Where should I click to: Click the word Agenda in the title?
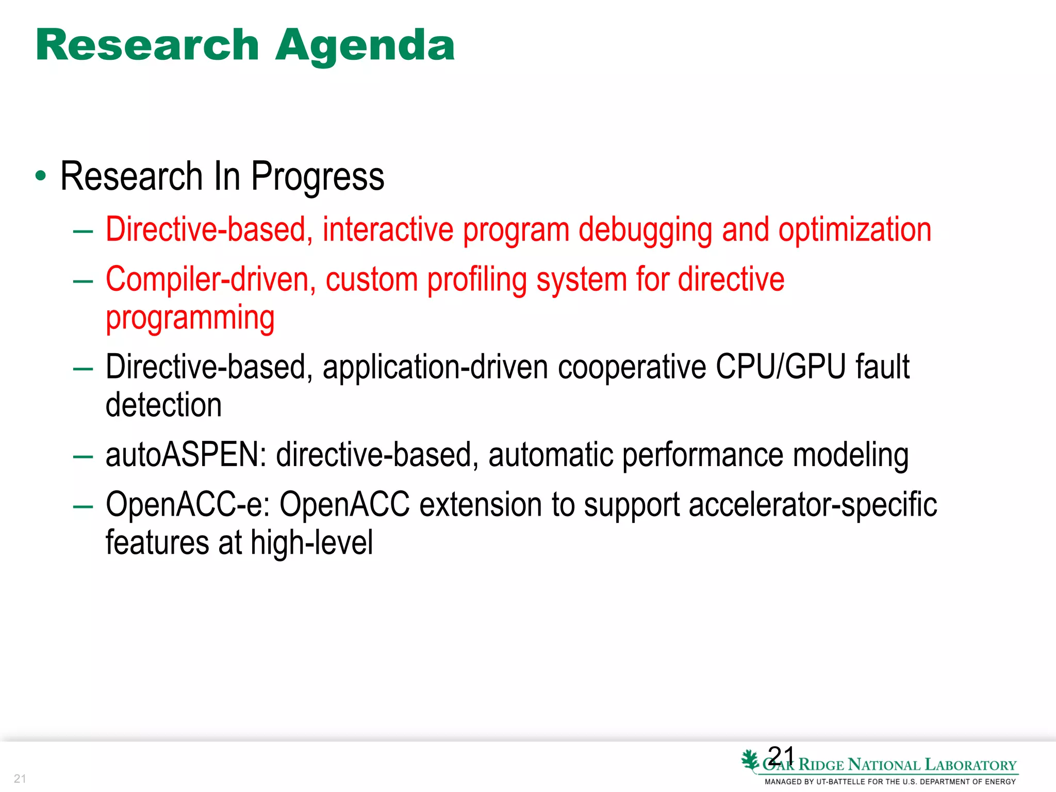(365, 46)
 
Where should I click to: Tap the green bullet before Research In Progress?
(41, 176)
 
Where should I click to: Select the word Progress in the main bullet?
(317, 177)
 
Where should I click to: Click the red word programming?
(190, 318)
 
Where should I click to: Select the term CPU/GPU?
(781, 367)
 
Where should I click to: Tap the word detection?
(163, 405)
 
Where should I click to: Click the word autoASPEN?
(186, 455)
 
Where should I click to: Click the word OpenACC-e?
(188, 504)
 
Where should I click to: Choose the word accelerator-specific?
(813, 504)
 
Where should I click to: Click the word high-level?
(311, 543)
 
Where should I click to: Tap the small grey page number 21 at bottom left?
(20, 779)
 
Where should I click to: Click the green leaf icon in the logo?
(750, 761)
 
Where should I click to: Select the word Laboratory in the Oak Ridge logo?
(970, 765)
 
